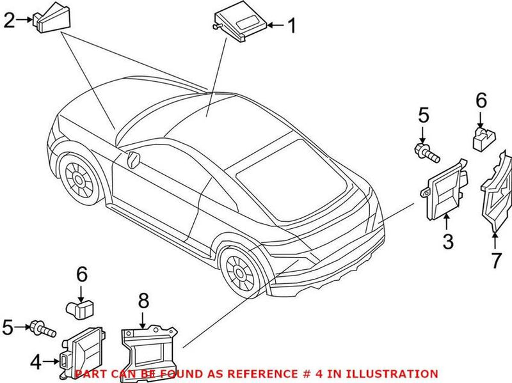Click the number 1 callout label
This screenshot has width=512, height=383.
292,26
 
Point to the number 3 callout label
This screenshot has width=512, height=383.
448,242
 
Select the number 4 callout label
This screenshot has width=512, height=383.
36,363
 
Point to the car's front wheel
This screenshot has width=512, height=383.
79,176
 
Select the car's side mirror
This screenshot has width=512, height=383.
133,159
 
